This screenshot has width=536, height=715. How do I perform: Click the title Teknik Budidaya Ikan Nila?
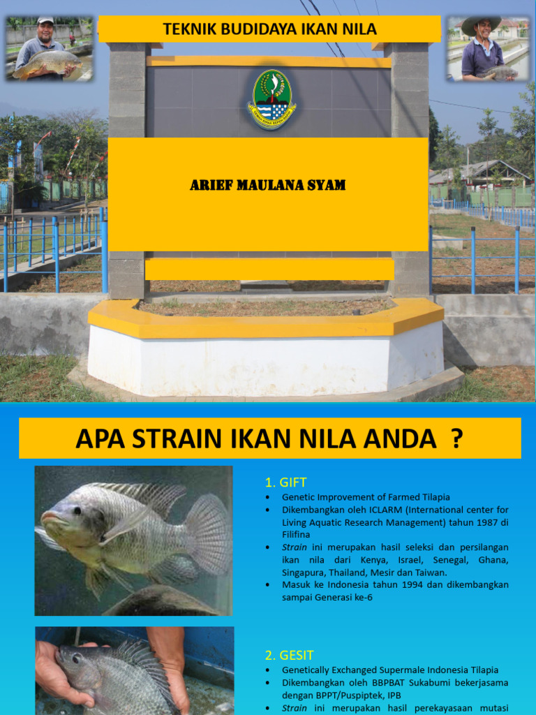[269, 29]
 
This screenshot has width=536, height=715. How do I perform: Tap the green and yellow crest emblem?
[271, 99]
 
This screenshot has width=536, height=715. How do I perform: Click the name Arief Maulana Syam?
[268, 186]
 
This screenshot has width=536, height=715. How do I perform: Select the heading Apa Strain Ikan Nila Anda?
[269, 438]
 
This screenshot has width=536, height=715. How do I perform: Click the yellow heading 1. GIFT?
[285, 482]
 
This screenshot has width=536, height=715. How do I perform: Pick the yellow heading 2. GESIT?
[289, 655]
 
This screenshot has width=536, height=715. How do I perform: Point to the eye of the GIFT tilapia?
[76, 510]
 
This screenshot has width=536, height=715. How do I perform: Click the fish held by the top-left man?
[47, 64]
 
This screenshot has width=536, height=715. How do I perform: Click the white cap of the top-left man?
[45, 21]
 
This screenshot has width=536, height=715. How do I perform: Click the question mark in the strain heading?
[456, 438]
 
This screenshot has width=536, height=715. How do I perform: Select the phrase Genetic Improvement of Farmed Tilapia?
[366, 497]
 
